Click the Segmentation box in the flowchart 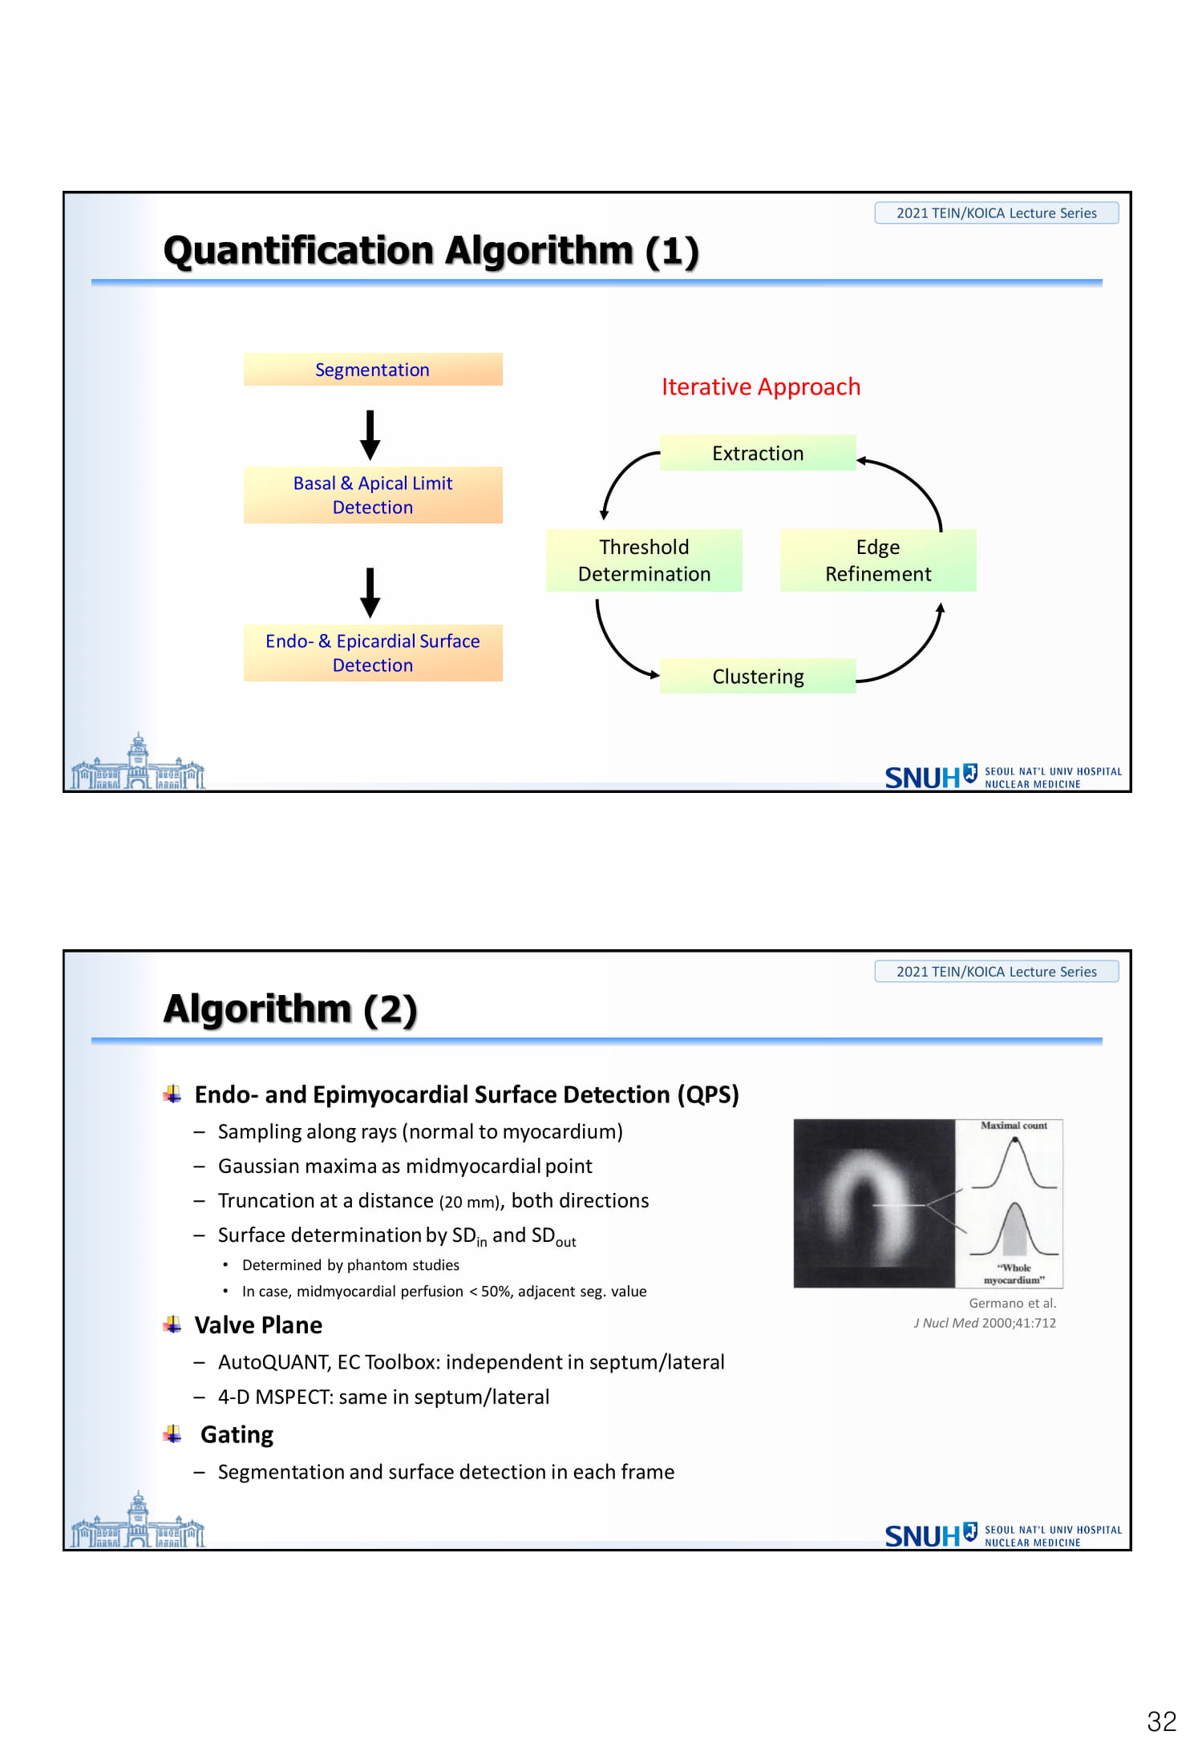(x=373, y=370)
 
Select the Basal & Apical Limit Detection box (x=373, y=495)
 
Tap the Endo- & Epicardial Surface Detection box (x=373, y=653)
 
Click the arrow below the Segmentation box (x=370, y=435)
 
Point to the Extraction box (x=758, y=453)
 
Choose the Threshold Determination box (x=644, y=560)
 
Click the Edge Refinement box (x=878, y=560)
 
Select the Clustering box (x=758, y=676)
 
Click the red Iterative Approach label (x=761, y=386)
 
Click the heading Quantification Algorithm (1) (x=431, y=251)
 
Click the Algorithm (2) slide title (x=290, y=1009)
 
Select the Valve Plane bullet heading (x=258, y=1325)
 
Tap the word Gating (x=237, y=1434)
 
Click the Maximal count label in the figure (x=1014, y=1126)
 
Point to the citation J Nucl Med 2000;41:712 (x=985, y=1323)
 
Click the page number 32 (x=1162, y=1721)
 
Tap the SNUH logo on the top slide (x=1002, y=776)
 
